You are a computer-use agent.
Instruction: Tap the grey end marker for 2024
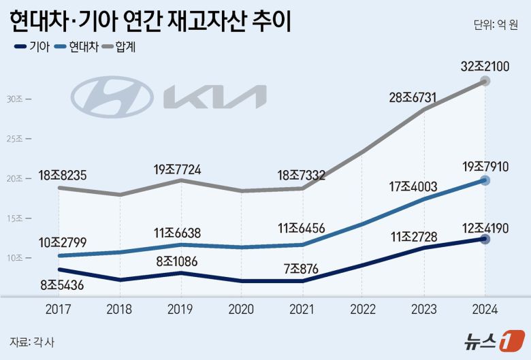485,81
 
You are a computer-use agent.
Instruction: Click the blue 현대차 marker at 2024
485,180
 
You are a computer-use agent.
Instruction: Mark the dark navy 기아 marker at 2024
485,239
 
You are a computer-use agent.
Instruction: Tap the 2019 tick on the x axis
180,309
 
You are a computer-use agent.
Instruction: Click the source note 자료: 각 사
32,341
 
